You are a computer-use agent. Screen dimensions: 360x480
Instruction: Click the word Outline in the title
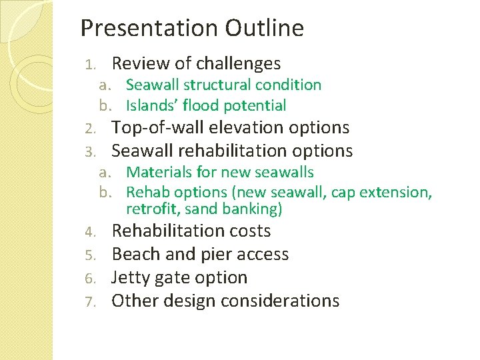point(264,28)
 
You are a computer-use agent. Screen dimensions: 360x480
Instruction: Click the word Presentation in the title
point(149,28)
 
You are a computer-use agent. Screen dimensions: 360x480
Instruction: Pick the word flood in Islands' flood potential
point(201,105)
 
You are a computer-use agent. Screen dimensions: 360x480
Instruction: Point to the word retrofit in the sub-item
point(149,209)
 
